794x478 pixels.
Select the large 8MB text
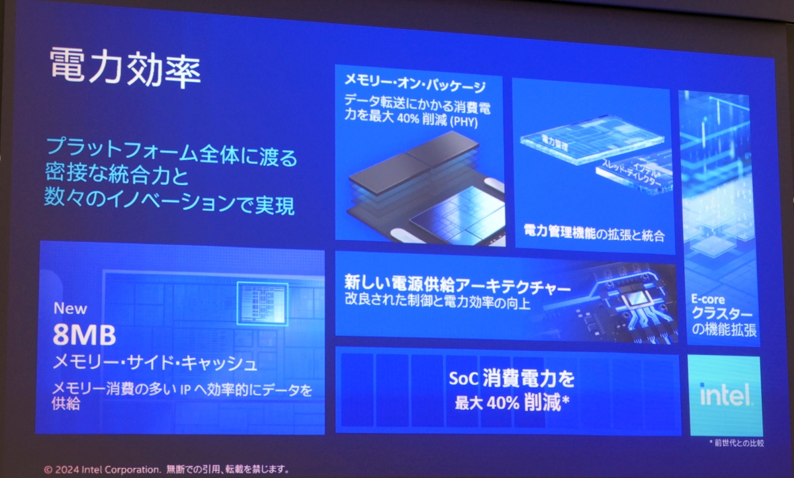[85, 335]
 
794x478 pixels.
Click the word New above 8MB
[70, 308]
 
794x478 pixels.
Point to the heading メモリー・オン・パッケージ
[415, 85]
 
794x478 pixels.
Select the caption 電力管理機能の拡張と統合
[594, 233]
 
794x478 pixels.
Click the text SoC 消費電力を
[511, 379]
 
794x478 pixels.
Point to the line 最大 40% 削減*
[512, 403]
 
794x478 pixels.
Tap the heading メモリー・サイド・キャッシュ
[155, 363]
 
